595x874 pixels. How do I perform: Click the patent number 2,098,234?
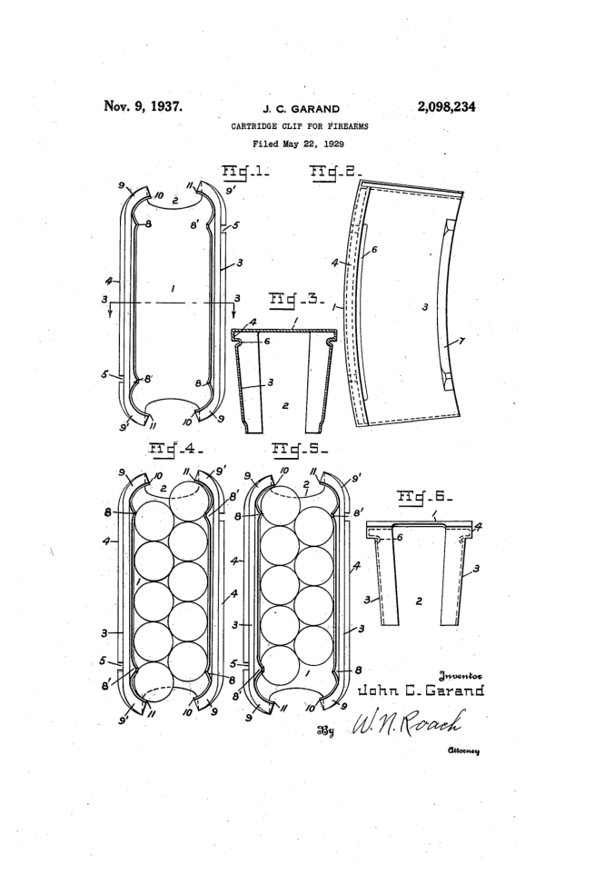pos(446,107)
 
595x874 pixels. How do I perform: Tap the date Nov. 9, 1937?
pos(144,106)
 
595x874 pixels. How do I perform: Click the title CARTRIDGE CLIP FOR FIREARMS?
pos(300,126)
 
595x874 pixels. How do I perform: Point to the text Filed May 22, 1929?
pos(298,144)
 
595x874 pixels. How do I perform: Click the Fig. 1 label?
pos(245,171)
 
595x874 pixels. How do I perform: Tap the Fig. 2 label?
pos(336,172)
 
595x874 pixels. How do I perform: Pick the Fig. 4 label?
pos(175,447)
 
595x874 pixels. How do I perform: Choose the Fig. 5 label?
pos(300,448)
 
